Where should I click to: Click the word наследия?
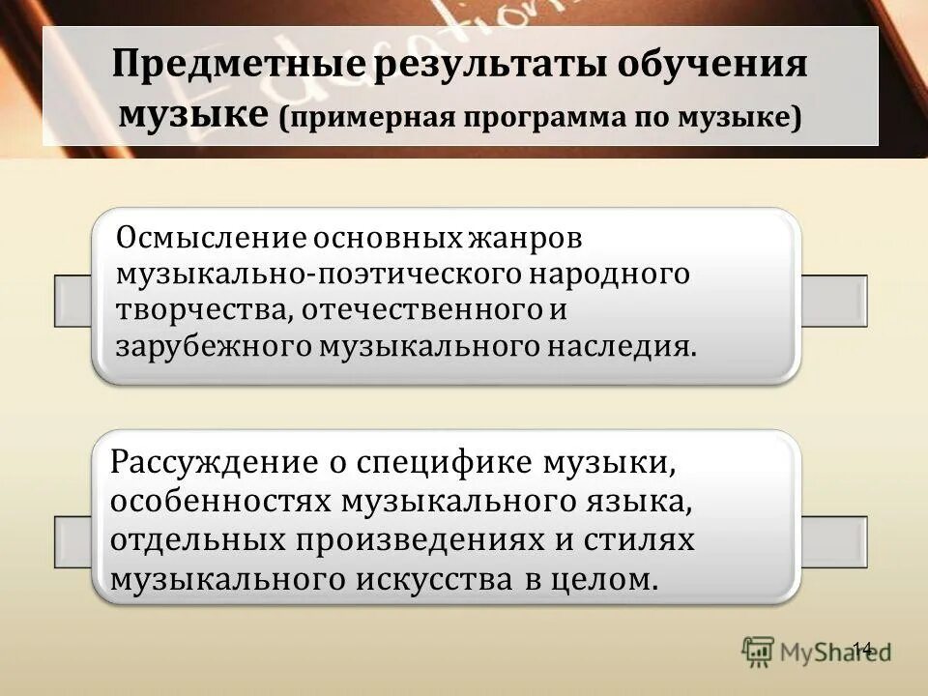click(621, 348)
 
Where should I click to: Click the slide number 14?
click(862, 648)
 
